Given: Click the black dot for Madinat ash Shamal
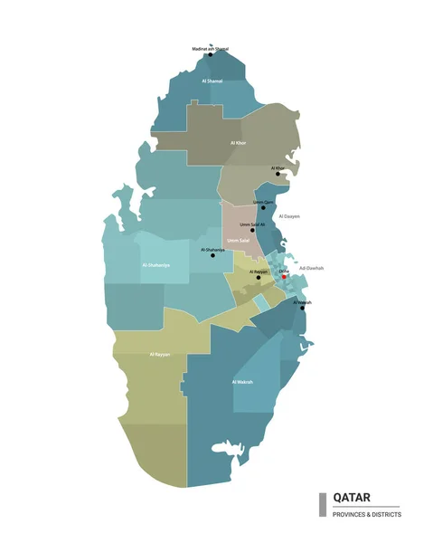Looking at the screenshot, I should click(x=211, y=54).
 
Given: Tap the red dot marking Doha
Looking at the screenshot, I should click(x=284, y=277).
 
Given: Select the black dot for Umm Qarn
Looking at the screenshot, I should click(x=264, y=208).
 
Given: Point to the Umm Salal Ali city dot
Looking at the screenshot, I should click(x=252, y=230).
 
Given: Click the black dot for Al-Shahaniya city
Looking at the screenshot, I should click(x=213, y=255).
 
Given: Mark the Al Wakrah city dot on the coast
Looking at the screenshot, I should click(x=302, y=308).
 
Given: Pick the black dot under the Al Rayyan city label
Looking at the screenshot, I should click(x=259, y=277).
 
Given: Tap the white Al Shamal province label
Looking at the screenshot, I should click(x=212, y=81).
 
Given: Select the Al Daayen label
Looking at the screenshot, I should click(x=289, y=216).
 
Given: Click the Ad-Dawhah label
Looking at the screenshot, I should click(x=310, y=268).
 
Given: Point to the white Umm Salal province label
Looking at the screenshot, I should click(x=238, y=241).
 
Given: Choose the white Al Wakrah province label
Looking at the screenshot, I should click(x=242, y=383).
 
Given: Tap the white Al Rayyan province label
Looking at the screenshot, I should click(x=159, y=354).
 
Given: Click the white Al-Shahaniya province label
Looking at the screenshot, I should click(x=156, y=265).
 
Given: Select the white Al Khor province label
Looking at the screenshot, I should click(x=238, y=143).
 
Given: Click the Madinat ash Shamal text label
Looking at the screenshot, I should click(x=210, y=48).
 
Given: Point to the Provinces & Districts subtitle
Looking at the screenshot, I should click(x=367, y=514).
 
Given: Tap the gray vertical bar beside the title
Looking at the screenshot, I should click(x=322, y=505).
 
